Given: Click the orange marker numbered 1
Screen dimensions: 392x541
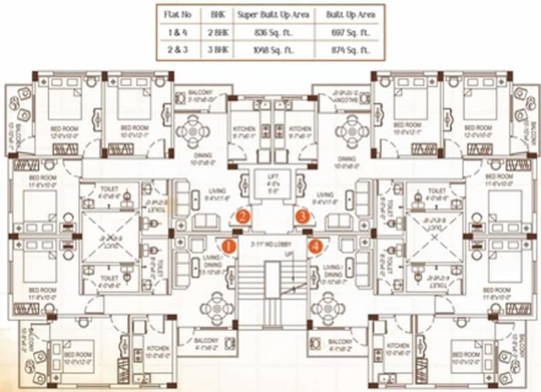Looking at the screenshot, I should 229,246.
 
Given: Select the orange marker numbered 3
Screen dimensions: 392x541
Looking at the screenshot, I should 304,217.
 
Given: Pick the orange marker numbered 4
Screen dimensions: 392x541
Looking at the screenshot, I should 315,246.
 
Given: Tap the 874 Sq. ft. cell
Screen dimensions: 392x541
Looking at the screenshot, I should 350,50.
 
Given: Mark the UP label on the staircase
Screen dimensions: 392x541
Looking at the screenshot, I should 289,253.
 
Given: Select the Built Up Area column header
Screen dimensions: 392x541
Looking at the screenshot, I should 350,14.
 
